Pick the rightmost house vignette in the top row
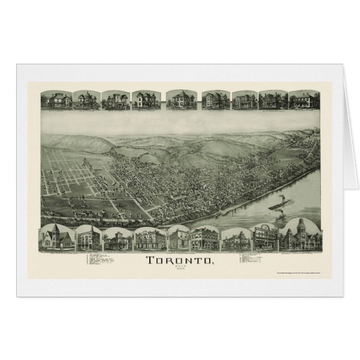[304, 100]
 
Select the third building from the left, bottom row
[117, 239]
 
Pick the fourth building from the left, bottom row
[149, 239]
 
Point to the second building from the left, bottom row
[88, 239]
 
